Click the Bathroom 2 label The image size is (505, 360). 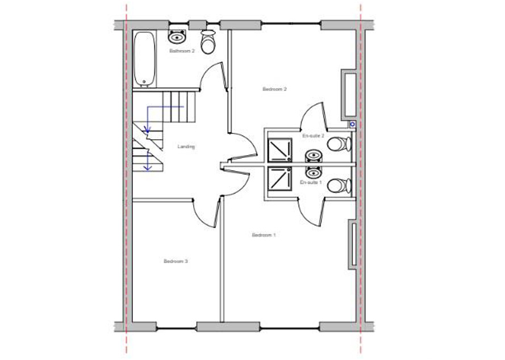pos(182,51)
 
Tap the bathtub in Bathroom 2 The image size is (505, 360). pos(144,59)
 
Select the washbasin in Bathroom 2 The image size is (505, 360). pos(177,36)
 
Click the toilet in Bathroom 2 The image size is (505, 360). pos(208,41)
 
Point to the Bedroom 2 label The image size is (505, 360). pos(274,89)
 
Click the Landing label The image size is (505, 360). pos(186,147)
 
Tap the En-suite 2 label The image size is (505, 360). pos(313,136)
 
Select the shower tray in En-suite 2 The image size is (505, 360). pos(280,150)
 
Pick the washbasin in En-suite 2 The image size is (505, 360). pos(314,156)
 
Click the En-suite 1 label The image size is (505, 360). pos(311,182)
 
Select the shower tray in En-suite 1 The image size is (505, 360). pos(280,179)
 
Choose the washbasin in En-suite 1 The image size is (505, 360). pos(314,173)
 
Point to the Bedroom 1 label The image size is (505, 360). pos(264,235)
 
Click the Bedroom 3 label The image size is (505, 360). pos(176,261)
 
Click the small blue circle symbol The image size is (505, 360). pos(353,124)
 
